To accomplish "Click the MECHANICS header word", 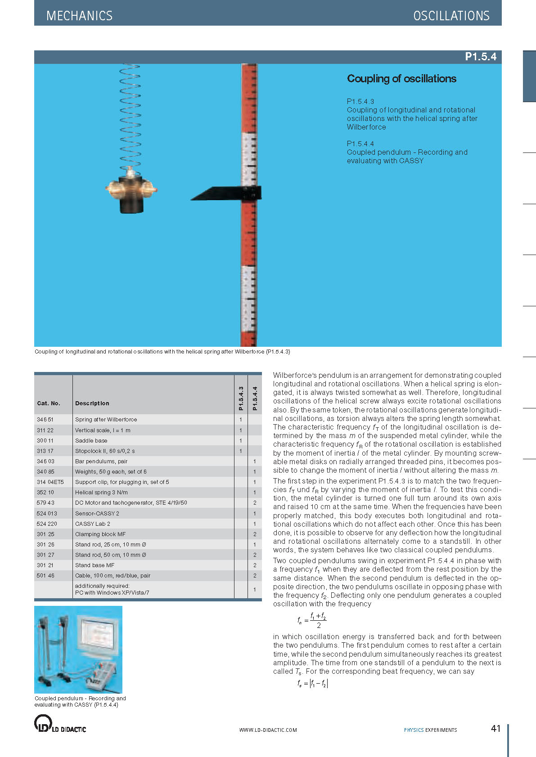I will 79,16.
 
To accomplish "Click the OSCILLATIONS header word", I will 451,16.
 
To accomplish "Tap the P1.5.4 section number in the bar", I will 480,57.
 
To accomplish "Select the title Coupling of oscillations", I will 401,79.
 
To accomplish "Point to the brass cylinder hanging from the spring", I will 131,192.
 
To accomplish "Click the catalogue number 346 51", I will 45,420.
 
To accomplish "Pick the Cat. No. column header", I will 49,403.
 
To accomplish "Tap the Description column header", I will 92,403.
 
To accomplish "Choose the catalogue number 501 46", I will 45,576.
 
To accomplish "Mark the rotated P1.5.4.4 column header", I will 255,399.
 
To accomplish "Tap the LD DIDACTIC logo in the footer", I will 60,724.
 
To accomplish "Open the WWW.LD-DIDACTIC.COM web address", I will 268,730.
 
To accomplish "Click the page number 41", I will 495,729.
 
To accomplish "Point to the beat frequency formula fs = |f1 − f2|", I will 313,684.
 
